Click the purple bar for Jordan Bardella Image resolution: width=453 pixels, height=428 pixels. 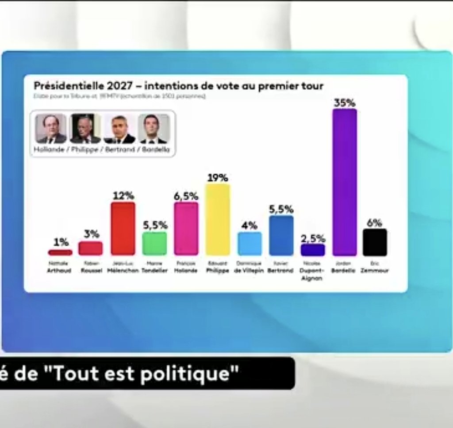click(x=345, y=182)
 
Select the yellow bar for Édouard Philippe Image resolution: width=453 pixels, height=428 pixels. click(x=218, y=219)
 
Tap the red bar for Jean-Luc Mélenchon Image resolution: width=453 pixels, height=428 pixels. click(x=123, y=228)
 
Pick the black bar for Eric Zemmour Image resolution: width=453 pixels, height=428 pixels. click(x=375, y=242)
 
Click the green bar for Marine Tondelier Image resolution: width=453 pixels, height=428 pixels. click(x=154, y=244)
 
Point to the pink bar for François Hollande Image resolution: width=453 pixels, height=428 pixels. click(x=186, y=228)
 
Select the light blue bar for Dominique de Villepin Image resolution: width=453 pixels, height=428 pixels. click(x=250, y=244)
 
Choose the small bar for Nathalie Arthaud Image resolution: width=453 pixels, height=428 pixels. click(x=60, y=252)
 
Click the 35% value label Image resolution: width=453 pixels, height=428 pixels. click(x=345, y=103)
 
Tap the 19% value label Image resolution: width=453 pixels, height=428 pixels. click(x=218, y=178)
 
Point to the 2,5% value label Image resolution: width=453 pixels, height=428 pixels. click(x=313, y=238)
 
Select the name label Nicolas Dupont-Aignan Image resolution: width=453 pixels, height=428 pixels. click(x=313, y=271)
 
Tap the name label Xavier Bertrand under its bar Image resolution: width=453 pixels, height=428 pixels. click(x=280, y=267)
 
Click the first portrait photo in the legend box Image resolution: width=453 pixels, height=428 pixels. click(x=51, y=129)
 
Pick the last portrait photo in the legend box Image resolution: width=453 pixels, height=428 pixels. click(x=154, y=129)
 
